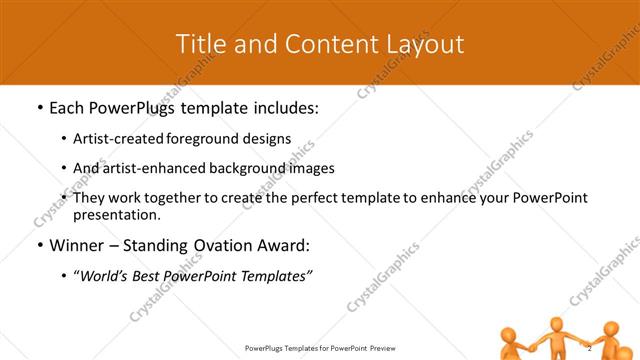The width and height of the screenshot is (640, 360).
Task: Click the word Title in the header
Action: tap(200, 44)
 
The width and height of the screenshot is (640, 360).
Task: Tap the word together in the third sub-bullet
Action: tap(175, 198)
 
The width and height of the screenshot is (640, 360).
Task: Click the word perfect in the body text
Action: tap(306, 198)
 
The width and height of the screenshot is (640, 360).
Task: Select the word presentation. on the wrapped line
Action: tap(117, 215)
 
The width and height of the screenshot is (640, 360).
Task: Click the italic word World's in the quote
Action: tap(105, 276)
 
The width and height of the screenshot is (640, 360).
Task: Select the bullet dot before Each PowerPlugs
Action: tap(38, 105)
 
